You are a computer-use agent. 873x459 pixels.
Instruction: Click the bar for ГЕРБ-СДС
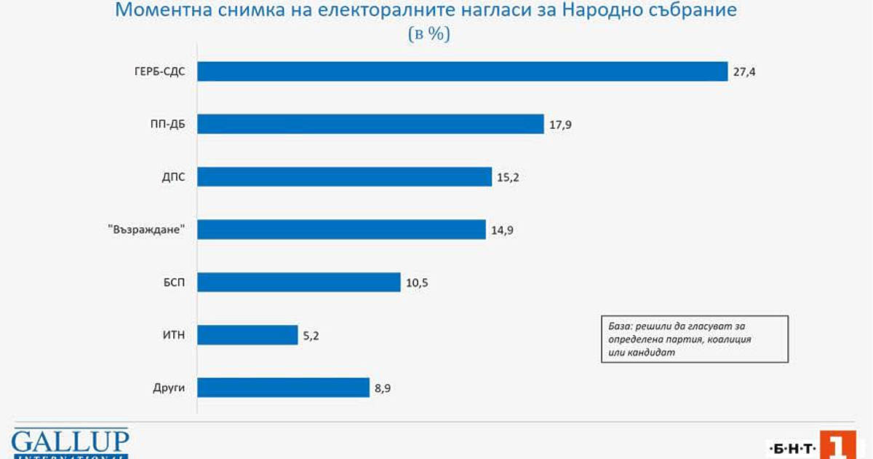(463, 71)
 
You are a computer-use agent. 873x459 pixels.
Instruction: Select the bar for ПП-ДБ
(370, 124)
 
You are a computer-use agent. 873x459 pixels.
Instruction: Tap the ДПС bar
(345, 176)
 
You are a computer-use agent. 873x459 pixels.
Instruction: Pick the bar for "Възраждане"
(341, 229)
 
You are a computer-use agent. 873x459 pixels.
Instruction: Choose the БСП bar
(299, 282)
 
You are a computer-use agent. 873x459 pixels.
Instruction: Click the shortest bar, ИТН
(247, 335)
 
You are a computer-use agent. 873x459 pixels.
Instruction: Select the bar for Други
(284, 388)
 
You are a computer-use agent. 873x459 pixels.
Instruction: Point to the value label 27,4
(744, 72)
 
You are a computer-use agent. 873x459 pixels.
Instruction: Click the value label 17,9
(560, 125)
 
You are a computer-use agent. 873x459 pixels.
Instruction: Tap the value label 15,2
(509, 177)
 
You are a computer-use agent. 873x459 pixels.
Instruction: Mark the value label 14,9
(502, 230)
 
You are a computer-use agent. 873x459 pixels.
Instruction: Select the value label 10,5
(417, 283)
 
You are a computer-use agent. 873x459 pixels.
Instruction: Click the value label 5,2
(311, 336)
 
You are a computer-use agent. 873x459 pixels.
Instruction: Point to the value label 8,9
(383, 388)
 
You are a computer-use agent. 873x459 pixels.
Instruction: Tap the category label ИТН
(173, 335)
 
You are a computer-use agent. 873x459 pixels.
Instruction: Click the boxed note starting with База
(695, 339)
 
